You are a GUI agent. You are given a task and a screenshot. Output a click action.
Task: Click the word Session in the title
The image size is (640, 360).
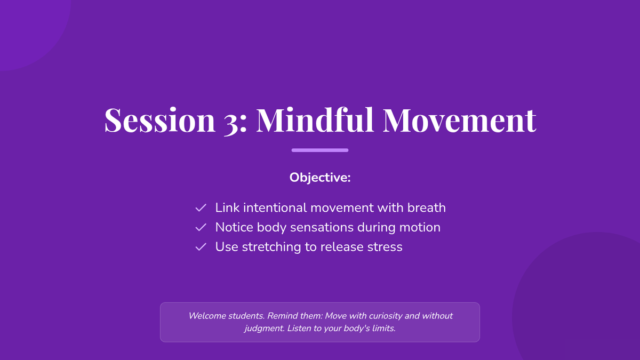[x=159, y=119]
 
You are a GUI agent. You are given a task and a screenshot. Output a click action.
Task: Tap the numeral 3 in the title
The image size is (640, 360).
[x=231, y=122]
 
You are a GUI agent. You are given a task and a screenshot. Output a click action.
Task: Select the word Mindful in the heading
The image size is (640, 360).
[x=315, y=119]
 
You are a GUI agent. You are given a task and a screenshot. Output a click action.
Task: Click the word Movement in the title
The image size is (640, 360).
[x=459, y=120]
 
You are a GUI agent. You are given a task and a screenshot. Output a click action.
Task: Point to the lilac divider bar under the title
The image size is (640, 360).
[x=320, y=150]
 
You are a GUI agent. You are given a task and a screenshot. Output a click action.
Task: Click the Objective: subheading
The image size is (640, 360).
[x=320, y=178]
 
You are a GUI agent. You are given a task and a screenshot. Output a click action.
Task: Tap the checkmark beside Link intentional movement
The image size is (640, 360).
[x=201, y=207]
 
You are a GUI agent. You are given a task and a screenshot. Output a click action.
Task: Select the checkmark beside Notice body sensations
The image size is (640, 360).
[x=201, y=227]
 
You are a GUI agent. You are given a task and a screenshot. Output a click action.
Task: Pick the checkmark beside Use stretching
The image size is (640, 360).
[x=201, y=247]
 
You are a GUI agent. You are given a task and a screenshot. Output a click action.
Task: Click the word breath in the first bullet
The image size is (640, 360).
[x=427, y=207]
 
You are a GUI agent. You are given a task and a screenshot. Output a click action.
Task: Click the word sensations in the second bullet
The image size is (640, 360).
[x=322, y=227]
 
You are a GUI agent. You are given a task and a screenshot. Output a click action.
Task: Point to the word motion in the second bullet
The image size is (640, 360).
[x=420, y=227]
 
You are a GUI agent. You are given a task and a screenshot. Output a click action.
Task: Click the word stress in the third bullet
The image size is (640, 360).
[x=385, y=247]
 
